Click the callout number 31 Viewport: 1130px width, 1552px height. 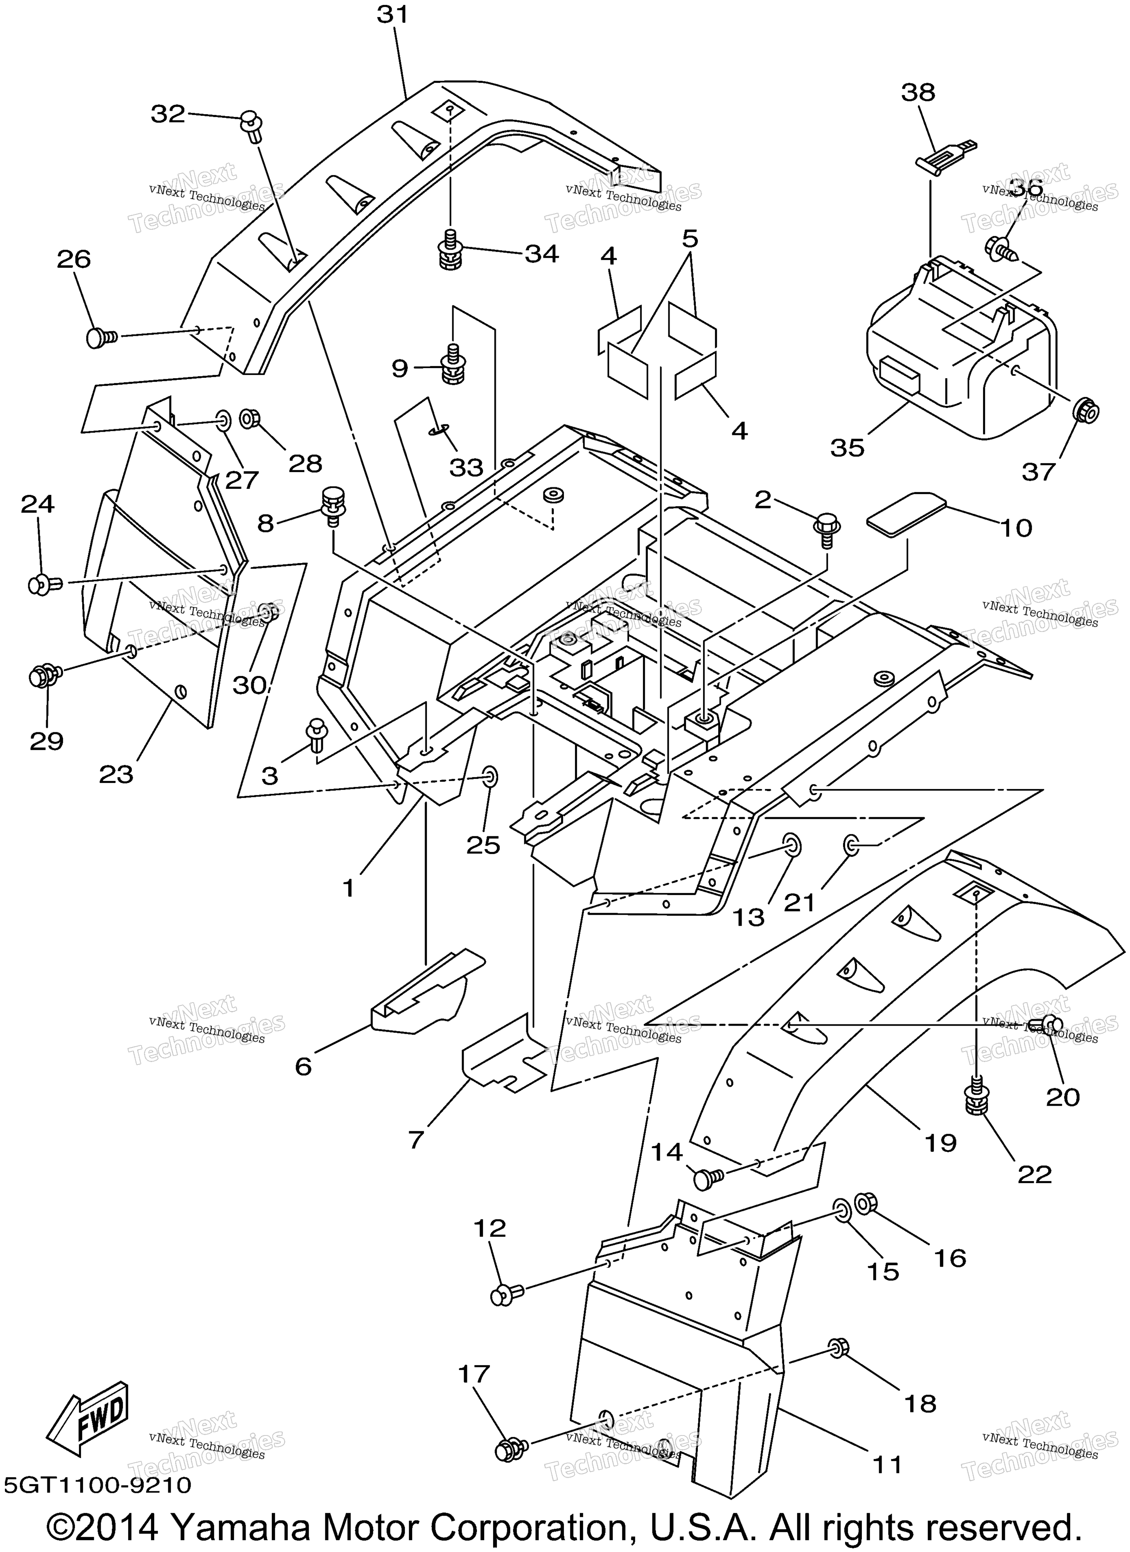coord(392,15)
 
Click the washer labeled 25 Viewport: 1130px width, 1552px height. coord(491,777)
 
